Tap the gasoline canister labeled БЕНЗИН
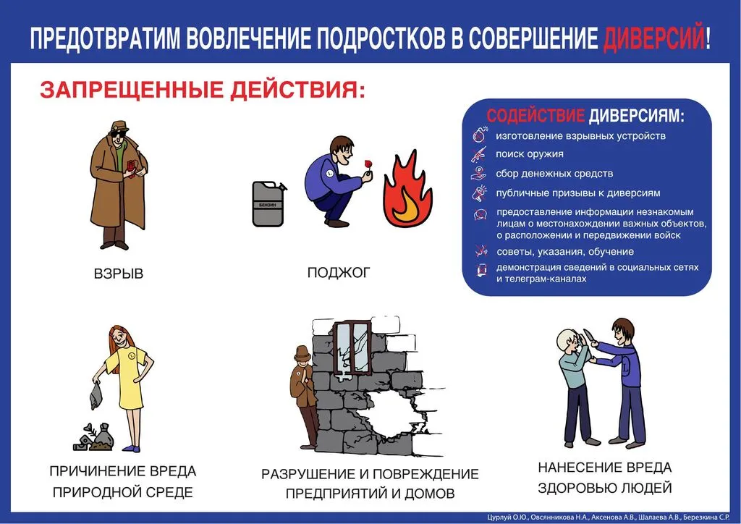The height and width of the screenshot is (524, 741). pyautogui.click(x=268, y=204)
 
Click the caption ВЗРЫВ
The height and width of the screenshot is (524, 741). pyautogui.click(x=119, y=274)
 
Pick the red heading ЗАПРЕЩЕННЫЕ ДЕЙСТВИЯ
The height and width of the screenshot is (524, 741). pyautogui.click(x=203, y=90)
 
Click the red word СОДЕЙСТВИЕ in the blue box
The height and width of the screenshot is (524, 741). pyautogui.click(x=535, y=117)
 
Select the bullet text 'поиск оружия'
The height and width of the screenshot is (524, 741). pyautogui.click(x=530, y=154)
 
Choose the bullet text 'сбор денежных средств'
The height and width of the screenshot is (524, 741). pyautogui.click(x=554, y=174)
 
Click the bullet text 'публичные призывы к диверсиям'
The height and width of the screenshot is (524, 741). pyautogui.click(x=578, y=193)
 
